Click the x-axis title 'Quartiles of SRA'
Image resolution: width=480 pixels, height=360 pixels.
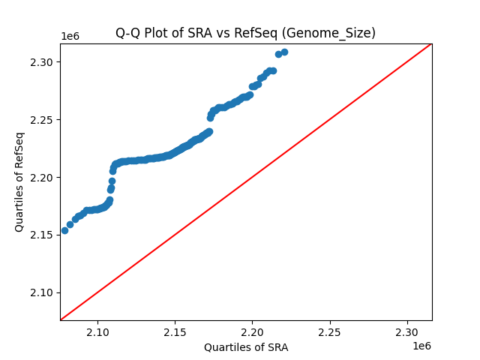[x=245, y=347]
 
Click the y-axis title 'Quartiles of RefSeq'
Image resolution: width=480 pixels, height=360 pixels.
[x=19, y=181]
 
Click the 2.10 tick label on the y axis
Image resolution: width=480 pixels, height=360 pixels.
[x=41, y=292]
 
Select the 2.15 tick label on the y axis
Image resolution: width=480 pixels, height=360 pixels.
[x=41, y=235]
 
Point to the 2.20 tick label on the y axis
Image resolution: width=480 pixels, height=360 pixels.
[x=41, y=177]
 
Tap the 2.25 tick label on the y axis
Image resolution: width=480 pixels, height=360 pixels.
[x=41, y=119]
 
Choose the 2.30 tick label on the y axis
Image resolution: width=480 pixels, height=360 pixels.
[x=41, y=61]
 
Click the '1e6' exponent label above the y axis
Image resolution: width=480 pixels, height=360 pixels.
[x=70, y=37]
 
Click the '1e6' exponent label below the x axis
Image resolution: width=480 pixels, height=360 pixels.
[x=421, y=346]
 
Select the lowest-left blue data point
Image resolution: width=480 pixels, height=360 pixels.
[x=64, y=230]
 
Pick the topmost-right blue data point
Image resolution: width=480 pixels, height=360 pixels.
[x=284, y=52]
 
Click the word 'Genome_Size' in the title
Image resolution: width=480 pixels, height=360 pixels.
[x=337, y=33]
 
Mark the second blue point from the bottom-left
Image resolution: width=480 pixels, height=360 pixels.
[x=70, y=224]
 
